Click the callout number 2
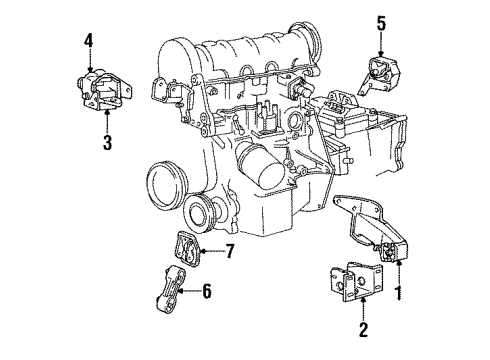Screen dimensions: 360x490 point(364,329)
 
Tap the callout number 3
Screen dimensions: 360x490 point(106,142)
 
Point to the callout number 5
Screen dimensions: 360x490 point(381,21)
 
